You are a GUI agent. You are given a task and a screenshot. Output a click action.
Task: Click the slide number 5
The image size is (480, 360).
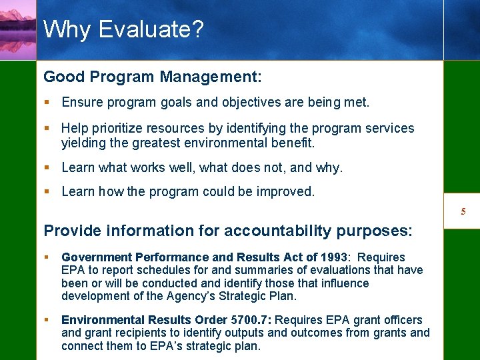(x=463, y=212)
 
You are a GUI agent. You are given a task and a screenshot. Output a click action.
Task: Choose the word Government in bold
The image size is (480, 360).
(x=96, y=257)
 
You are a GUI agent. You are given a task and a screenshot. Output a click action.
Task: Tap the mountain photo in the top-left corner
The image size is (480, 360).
(x=18, y=30)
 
